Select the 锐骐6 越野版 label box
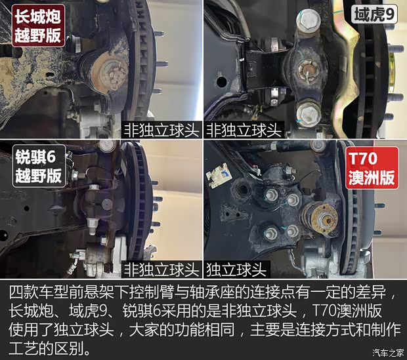pyautogui.click(x=39, y=166)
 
